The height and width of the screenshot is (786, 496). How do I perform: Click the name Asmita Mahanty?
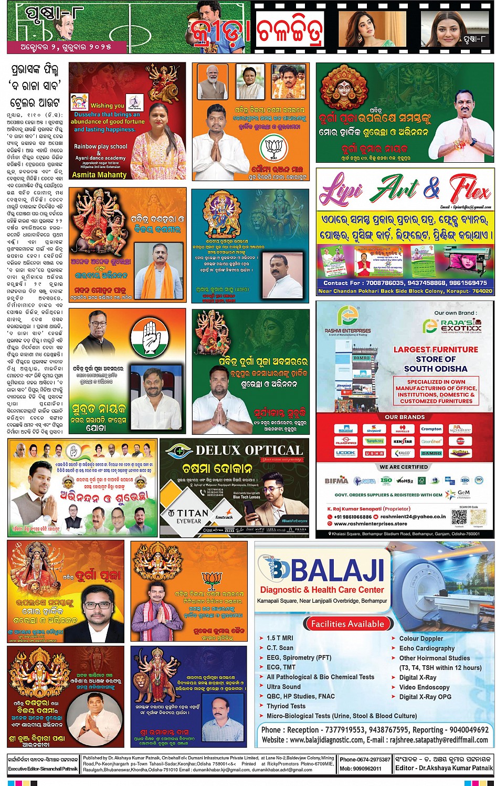coord(99,175)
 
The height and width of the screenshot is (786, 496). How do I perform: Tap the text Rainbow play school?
coord(100,146)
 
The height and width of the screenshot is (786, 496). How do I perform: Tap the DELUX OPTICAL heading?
coord(249,450)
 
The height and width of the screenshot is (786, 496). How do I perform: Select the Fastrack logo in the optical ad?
coord(224,517)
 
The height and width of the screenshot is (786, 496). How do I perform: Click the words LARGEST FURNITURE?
coord(436,350)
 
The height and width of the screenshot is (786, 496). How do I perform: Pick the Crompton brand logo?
coord(431,429)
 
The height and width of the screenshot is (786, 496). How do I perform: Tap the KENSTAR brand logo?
coord(403,442)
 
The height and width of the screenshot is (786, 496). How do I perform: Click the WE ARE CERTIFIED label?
coord(404,467)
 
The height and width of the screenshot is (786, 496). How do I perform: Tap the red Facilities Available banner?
coord(347,624)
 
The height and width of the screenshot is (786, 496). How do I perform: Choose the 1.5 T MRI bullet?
coord(280,638)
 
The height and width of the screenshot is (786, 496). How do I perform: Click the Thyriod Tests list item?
coord(286,706)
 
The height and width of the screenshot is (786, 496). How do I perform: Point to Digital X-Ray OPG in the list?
coord(425,697)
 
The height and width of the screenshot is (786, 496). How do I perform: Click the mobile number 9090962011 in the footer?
coord(367,768)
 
